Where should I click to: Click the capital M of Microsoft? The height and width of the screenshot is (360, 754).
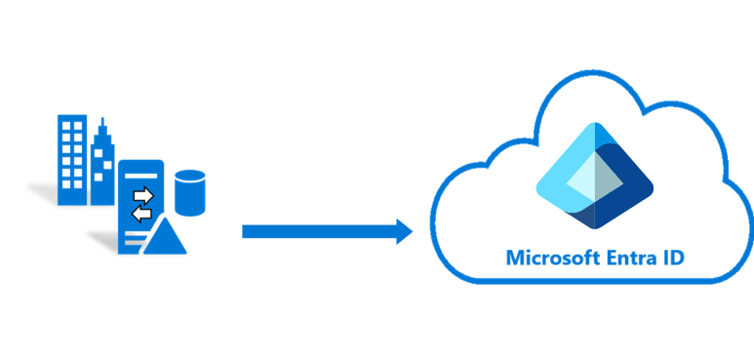tap(514, 259)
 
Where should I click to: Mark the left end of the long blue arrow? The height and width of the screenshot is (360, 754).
tap(246, 231)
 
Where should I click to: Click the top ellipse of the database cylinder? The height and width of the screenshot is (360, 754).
tap(189, 177)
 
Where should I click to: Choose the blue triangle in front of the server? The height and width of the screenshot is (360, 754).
tap(165, 238)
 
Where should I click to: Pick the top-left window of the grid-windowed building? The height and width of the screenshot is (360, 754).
tap(64, 125)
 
